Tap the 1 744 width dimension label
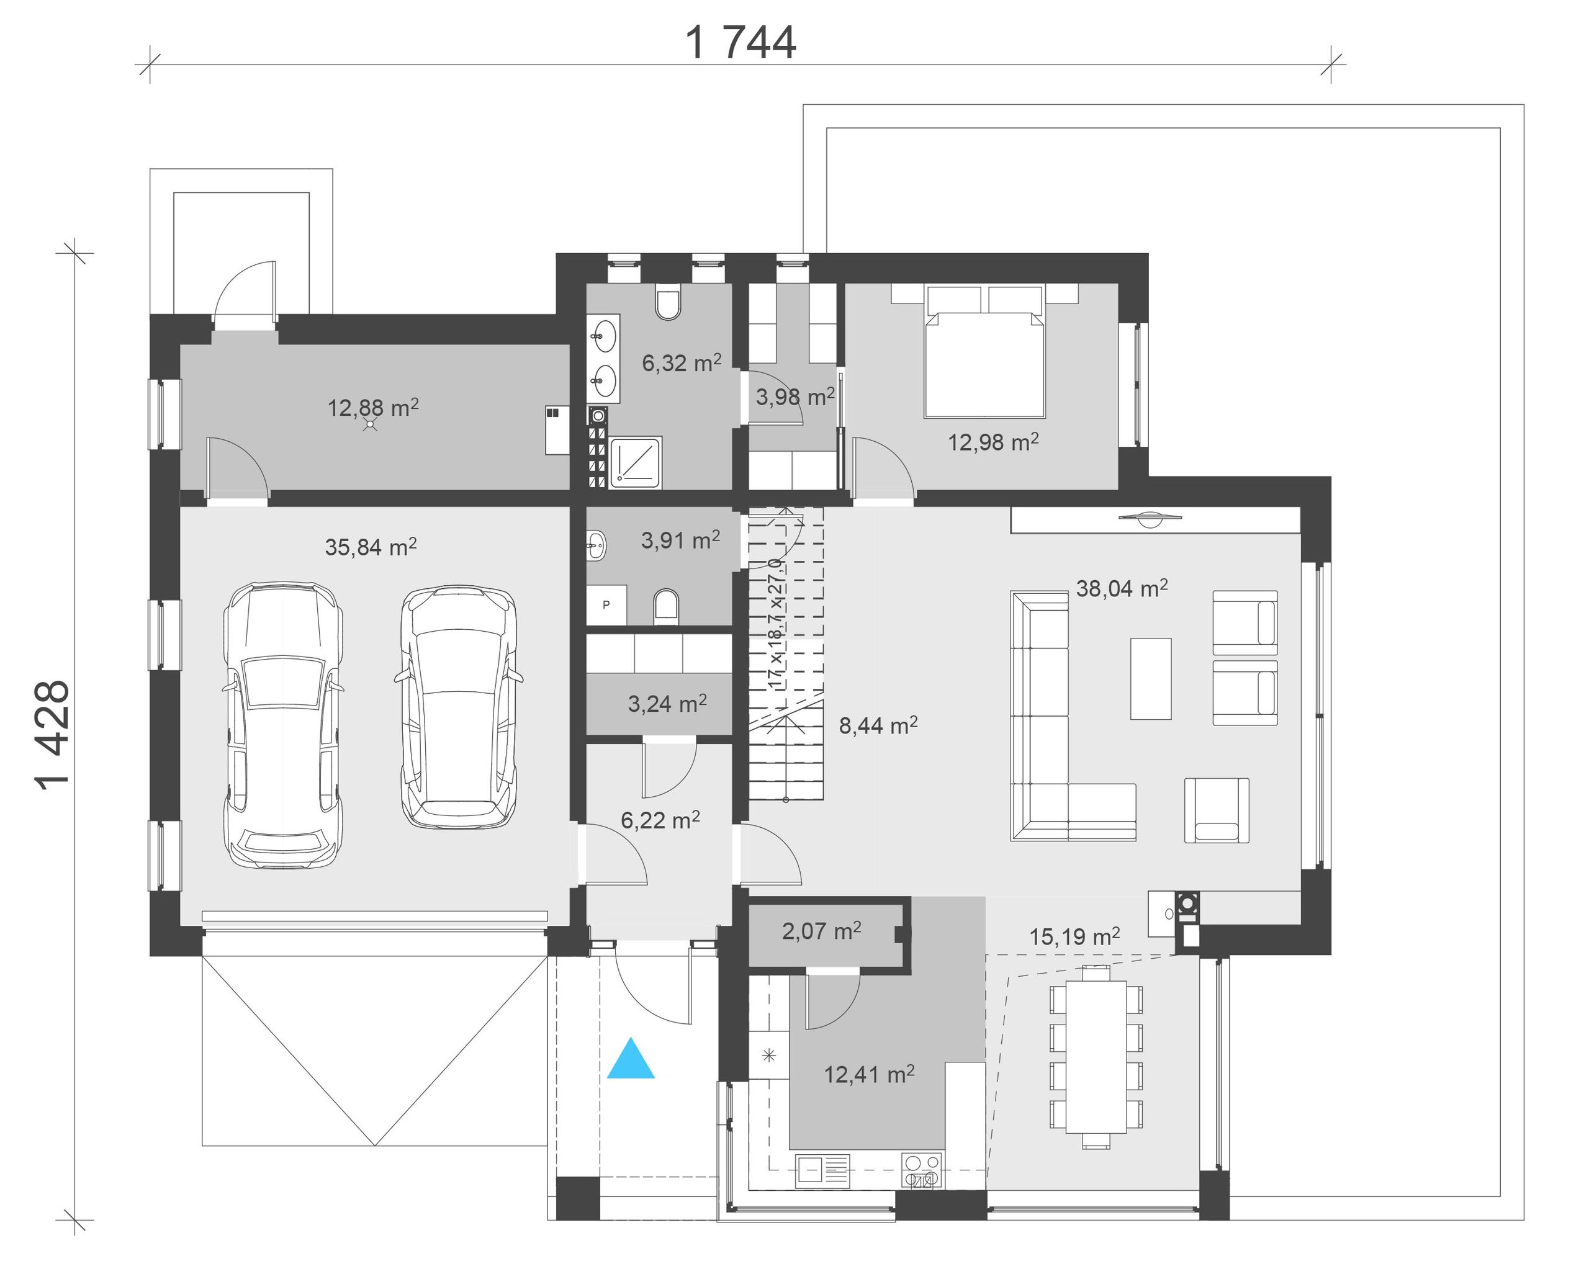740,43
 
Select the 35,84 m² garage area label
371,547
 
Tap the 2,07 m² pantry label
821,931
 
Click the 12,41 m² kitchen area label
869,1074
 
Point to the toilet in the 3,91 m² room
666,606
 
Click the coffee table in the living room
1151,679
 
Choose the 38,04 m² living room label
1122,588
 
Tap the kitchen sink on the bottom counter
822,1170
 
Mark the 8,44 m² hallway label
878,726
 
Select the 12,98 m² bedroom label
993,442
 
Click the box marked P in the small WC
606,605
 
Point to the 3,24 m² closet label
667,704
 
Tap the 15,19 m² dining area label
1074,936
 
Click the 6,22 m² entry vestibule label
660,820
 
